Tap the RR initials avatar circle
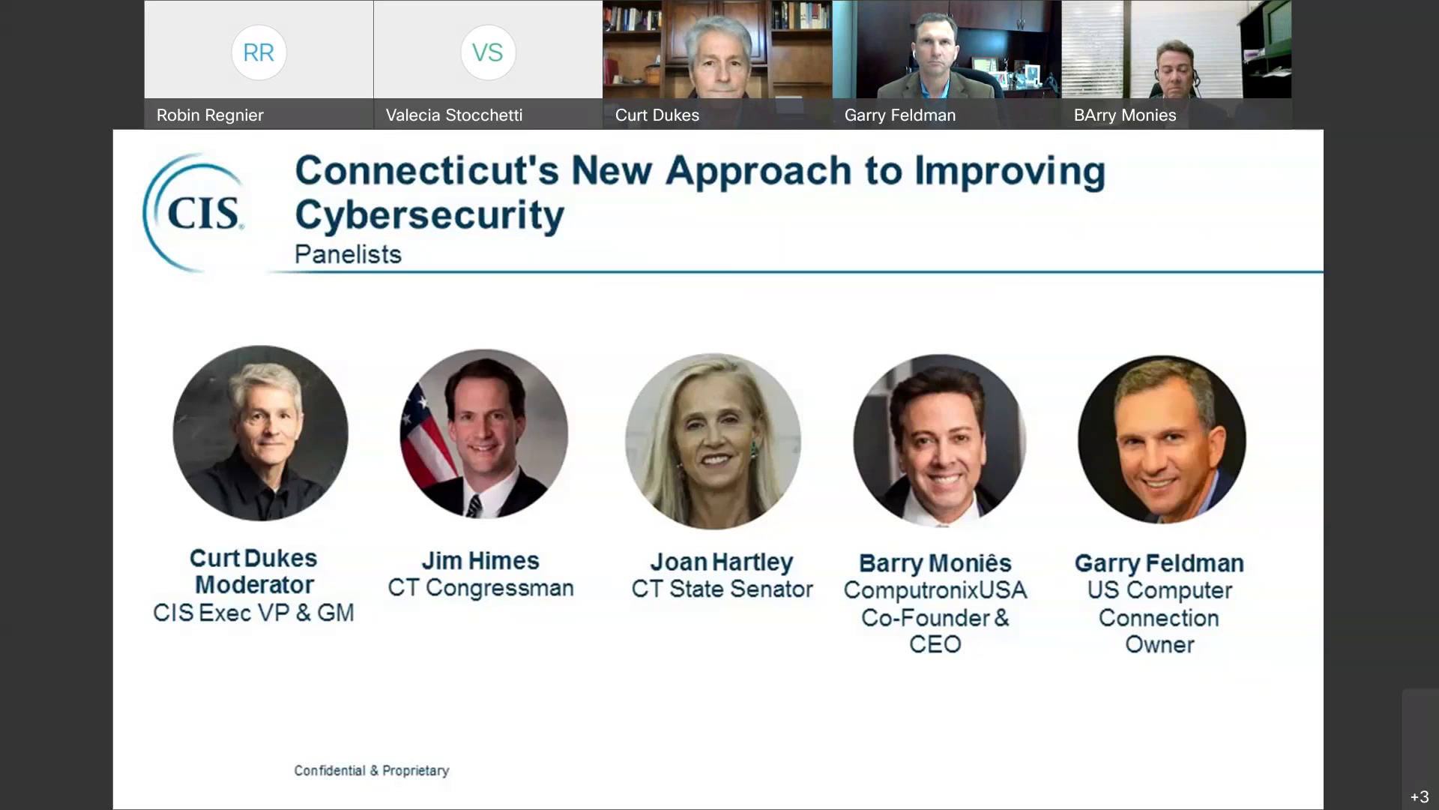click(259, 52)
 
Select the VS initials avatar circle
click(488, 52)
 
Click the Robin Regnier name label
click(210, 115)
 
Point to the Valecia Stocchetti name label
click(454, 115)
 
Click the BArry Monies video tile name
click(1125, 115)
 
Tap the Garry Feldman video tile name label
click(900, 115)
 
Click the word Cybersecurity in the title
click(429, 215)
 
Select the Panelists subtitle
click(348, 254)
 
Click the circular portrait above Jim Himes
click(484, 433)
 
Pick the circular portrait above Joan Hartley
click(713, 441)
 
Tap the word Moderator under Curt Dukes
click(254, 585)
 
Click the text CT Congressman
click(480, 588)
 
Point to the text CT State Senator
click(722, 589)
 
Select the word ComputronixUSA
click(935, 590)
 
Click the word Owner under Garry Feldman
click(1159, 644)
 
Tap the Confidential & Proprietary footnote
click(372, 770)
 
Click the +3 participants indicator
click(1420, 796)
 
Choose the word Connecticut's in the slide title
click(427, 171)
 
